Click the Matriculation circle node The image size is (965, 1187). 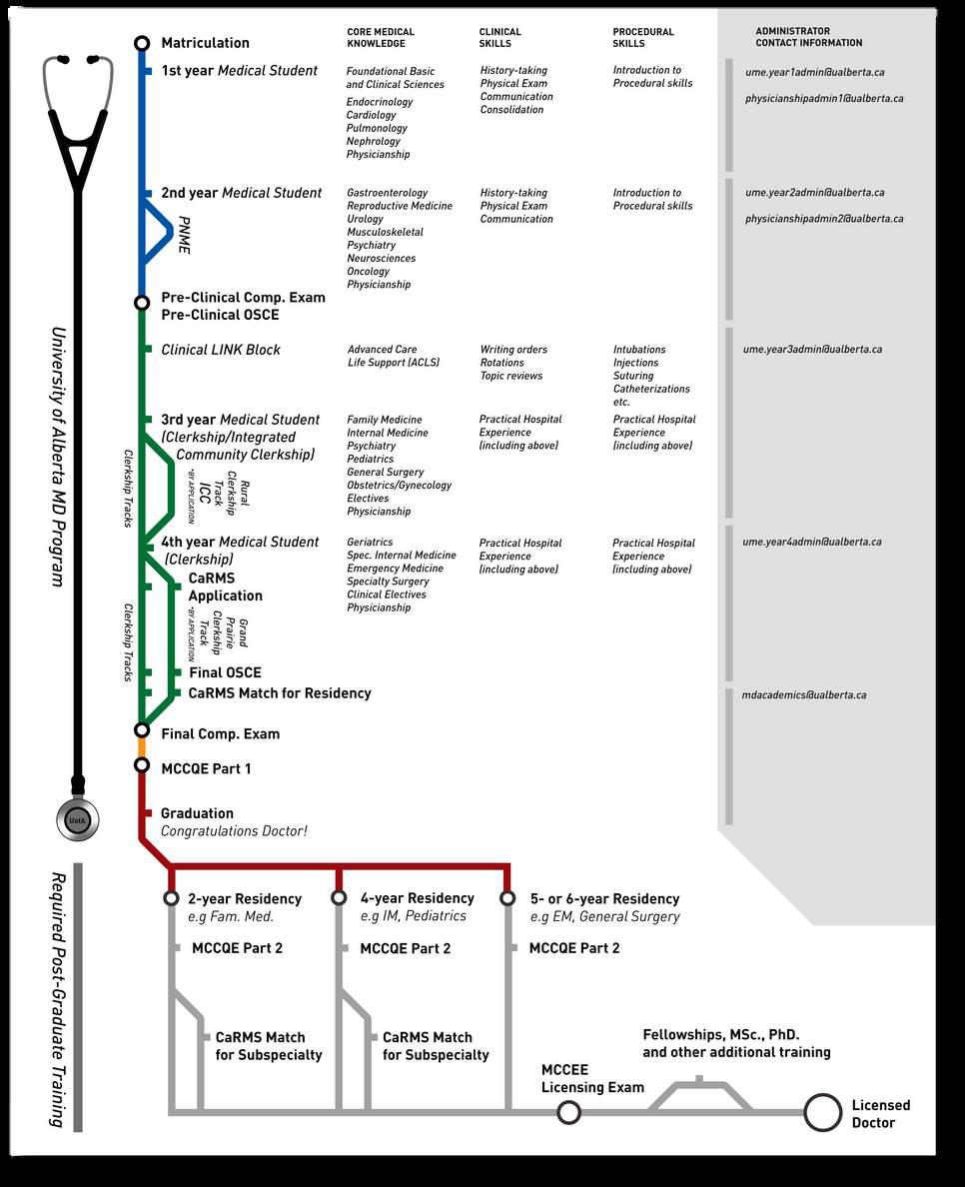[142, 43]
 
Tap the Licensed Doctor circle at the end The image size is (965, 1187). [823, 1112]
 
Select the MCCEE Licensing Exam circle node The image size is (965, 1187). [568, 1112]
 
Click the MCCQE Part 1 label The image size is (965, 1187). [206, 768]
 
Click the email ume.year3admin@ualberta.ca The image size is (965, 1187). [812, 350]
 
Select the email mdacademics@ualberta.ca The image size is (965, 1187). [804, 694]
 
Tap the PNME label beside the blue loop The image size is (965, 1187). [184, 234]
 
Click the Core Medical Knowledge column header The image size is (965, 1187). [380, 38]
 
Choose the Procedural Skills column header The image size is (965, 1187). [642, 38]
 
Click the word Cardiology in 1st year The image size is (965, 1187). [371, 115]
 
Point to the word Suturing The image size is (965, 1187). [633, 376]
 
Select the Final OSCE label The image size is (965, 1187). [225, 672]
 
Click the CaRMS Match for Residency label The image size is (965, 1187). [280, 692]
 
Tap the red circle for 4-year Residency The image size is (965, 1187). [340, 897]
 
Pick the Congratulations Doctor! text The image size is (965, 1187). [234, 831]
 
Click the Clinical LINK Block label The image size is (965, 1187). [221, 350]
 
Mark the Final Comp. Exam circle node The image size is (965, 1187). [142, 730]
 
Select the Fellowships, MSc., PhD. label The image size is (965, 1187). [720, 1035]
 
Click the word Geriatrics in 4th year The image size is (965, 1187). [370, 543]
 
